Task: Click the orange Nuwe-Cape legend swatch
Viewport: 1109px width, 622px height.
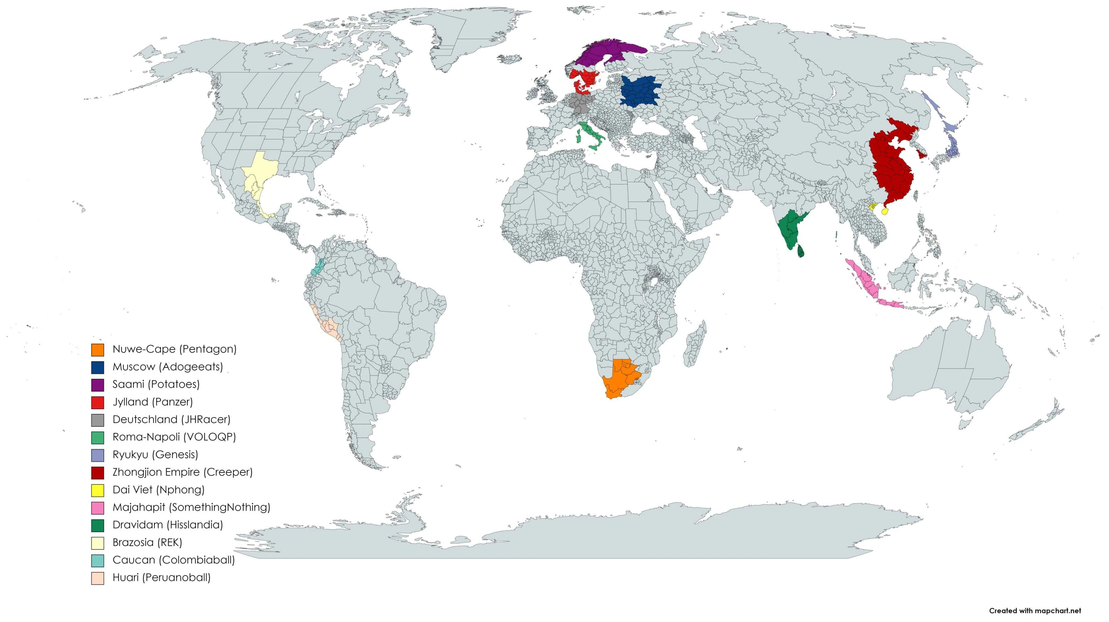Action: coord(97,350)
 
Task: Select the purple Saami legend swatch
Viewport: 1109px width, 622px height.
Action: coord(97,385)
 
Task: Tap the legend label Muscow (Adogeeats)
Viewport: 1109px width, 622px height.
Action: coord(167,367)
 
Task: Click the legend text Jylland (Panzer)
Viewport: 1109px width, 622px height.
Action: coord(152,402)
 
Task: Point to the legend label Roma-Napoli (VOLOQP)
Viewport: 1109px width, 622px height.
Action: coord(174,437)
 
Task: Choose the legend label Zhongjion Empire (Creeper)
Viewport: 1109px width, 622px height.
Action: coord(182,472)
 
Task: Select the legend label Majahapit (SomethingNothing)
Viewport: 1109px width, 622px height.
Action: coord(191,507)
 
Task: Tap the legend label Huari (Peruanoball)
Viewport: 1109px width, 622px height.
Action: coord(161,578)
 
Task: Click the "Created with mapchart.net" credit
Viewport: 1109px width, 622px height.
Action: coord(1035,611)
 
